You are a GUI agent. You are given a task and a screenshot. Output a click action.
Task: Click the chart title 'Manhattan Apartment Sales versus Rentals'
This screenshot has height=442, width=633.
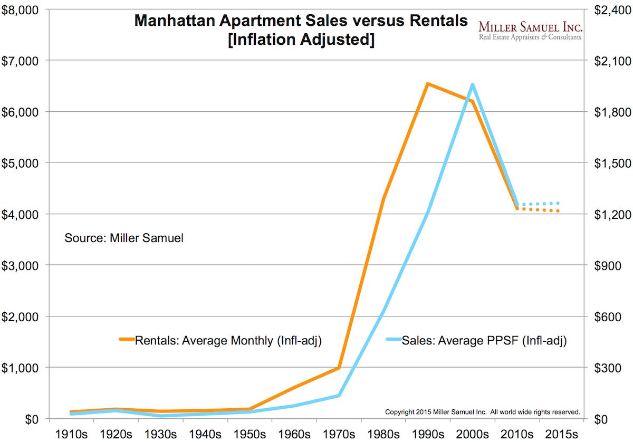pyautogui.click(x=301, y=21)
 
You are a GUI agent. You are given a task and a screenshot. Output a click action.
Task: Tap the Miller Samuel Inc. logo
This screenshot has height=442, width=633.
pyautogui.click(x=530, y=30)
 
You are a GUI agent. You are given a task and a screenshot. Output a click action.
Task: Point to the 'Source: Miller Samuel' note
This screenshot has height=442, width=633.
pyautogui.click(x=124, y=238)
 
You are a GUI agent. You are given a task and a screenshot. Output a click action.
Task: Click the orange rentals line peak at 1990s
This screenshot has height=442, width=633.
pyautogui.click(x=428, y=84)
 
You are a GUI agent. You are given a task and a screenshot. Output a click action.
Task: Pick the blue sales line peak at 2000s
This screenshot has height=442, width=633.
pyautogui.click(x=472, y=85)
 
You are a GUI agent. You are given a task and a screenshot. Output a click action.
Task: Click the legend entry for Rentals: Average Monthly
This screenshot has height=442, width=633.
pyautogui.click(x=227, y=341)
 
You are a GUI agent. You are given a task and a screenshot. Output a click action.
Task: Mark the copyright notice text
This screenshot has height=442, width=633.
pyautogui.click(x=483, y=411)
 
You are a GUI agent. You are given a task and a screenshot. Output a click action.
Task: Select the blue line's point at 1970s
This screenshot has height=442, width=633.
pyautogui.click(x=339, y=396)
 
